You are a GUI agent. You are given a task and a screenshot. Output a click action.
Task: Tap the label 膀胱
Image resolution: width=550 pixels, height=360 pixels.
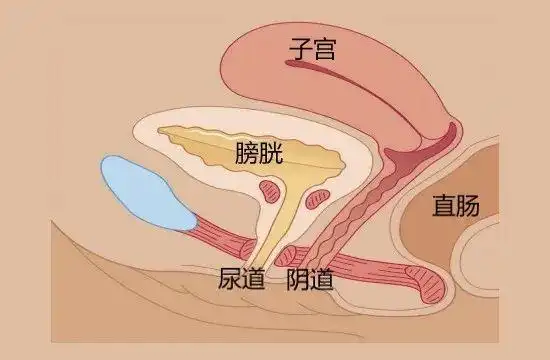(x=260, y=153)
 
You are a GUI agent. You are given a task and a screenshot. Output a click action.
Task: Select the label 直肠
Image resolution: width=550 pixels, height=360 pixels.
(x=456, y=206)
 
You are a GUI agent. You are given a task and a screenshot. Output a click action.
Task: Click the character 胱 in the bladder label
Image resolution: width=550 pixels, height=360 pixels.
(x=272, y=153)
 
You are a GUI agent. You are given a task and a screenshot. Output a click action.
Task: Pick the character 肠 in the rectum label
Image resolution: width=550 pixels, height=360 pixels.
(x=469, y=206)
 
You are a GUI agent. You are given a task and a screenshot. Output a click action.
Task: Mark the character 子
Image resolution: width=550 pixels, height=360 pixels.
(x=298, y=47)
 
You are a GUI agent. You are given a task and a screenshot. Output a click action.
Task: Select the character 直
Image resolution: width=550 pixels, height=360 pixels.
(x=444, y=206)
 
